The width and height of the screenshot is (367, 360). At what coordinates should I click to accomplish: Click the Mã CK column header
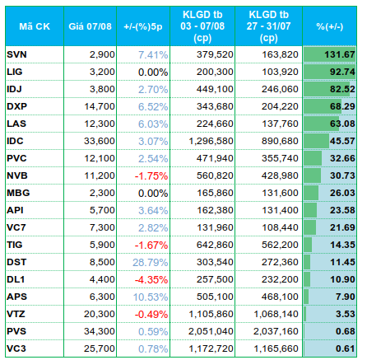(35, 26)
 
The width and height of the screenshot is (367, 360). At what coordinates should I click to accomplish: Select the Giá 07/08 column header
(90, 26)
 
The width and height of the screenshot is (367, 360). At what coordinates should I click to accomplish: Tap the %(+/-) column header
(329, 26)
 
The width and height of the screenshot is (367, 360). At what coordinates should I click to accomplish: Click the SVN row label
(16, 54)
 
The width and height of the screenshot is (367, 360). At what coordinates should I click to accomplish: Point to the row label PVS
(16, 331)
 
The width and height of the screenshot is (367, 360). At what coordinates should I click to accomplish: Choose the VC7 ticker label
(16, 227)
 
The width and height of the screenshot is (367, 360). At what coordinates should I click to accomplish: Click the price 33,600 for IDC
(100, 141)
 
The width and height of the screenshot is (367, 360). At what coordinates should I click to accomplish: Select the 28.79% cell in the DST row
(151, 263)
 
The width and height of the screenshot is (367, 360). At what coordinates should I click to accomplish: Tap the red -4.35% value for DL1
(151, 280)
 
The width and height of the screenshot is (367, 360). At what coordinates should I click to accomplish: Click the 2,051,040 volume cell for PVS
(211, 331)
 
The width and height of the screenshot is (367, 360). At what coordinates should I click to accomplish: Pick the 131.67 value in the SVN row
(340, 54)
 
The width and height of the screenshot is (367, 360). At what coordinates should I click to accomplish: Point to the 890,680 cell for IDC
(280, 141)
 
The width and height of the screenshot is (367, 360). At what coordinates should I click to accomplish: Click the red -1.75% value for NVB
(151, 176)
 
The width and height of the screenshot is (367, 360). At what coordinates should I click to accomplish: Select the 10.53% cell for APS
(151, 297)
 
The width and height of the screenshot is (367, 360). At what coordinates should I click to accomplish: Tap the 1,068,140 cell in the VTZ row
(276, 314)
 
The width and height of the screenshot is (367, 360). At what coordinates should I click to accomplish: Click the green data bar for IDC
(316, 141)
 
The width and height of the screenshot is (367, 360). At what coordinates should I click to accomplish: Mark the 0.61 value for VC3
(346, 348)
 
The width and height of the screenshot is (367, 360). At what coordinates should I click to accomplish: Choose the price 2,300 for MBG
(102, 193)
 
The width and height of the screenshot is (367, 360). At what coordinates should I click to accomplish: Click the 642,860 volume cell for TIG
(215, 245)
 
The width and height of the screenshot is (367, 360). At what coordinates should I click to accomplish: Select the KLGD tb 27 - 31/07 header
(268, 26)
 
